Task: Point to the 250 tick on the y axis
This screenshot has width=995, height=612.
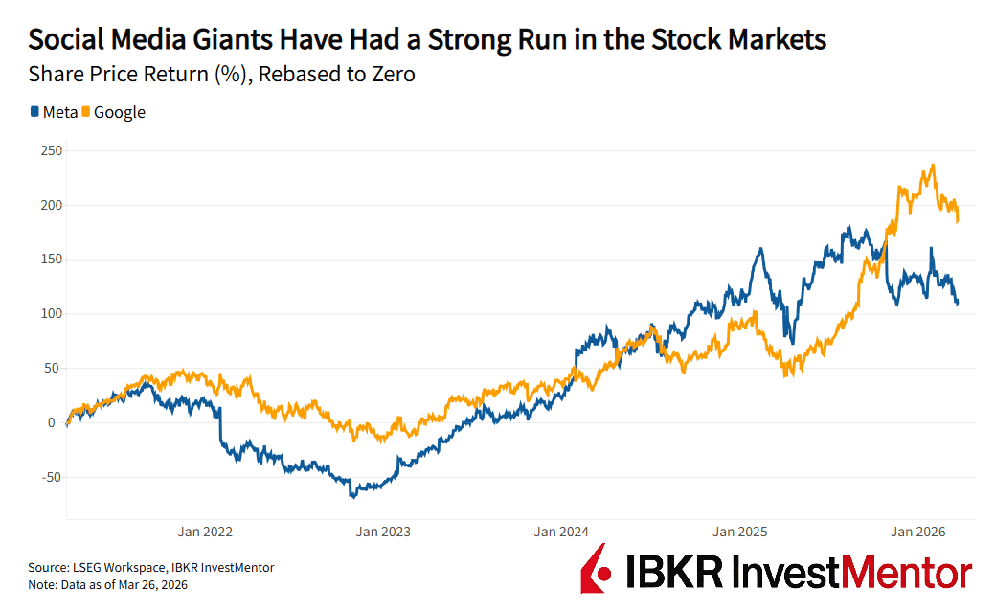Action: click(x=51, y=151)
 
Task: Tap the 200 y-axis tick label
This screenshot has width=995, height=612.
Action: click(x=51, y=205)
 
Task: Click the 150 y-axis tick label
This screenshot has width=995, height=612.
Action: click(x=51, y=260)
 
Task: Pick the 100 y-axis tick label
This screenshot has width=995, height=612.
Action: click(x=51, y=314)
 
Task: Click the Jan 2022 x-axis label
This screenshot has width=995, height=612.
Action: click(x=205, y=532)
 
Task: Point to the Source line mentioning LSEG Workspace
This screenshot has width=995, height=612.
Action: click(x=151, y=567)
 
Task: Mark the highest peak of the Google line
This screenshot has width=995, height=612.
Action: click(x=933, y=165)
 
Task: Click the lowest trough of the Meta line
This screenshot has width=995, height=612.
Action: click(x=352, y=497)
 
